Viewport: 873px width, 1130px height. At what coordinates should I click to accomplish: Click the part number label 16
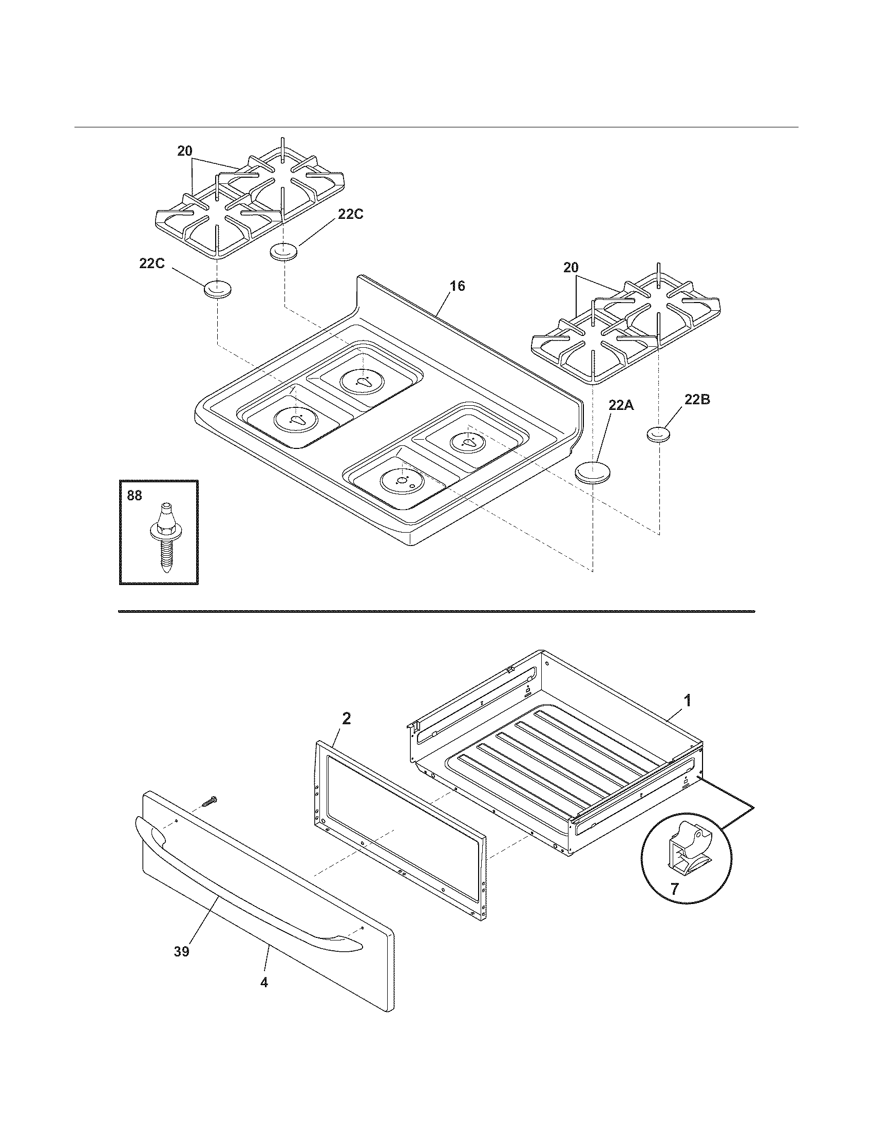[457, 286]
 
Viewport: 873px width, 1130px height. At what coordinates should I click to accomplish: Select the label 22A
[621, 405]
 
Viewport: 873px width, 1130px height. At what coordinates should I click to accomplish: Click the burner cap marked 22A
[593, 473]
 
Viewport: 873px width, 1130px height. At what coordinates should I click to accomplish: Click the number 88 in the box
[135, 495]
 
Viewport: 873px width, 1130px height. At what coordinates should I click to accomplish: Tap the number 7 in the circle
[674, 889]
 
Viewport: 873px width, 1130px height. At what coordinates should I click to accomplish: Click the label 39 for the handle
[181, 950]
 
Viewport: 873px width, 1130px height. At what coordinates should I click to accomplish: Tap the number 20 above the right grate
[571, 268]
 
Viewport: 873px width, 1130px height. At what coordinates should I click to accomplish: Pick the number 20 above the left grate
[185, 151]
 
